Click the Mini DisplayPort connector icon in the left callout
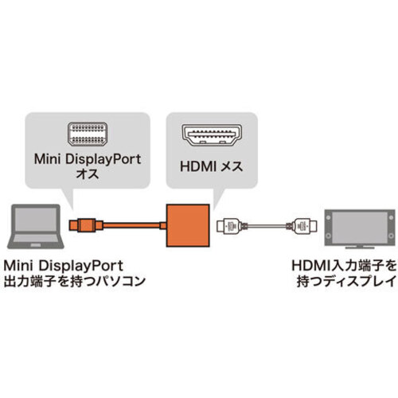coord(88,134)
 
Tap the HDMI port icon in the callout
coord(212,135)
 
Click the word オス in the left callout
coord(88,174)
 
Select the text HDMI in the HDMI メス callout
coord(197,166)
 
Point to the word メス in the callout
coord(232,166)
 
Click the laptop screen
coord(36,219)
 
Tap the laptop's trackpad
coord(36,245)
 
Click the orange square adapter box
coord(188,225)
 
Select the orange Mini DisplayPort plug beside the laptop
coord(86,225)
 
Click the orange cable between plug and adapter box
coord(131,225)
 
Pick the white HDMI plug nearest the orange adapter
coord(229,226)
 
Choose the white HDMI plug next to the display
coord(304,226)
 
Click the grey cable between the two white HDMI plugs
coord(267,226)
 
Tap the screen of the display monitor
coord(360,226)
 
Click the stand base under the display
coord(360,248)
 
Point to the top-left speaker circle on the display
coord(328,217)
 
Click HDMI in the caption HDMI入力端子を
coord(309,266)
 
